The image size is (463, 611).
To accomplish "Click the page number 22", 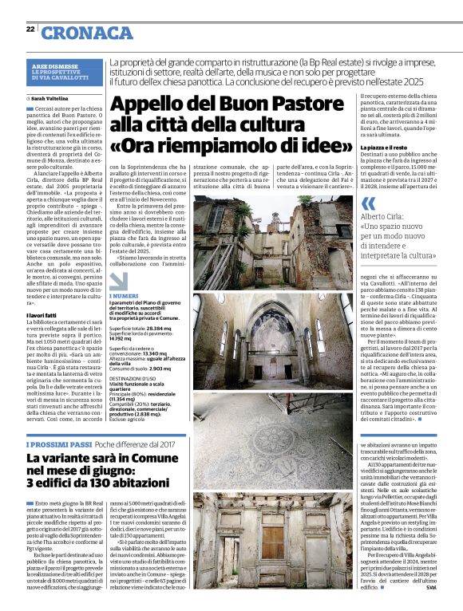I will coord(30,29).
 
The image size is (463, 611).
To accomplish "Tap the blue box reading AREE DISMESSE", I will coord(53,65).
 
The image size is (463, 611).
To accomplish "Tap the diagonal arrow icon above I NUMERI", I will coord(117,280).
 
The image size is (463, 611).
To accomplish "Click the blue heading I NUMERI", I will coord(125,296).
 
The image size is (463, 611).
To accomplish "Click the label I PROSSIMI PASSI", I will coord(58,443).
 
